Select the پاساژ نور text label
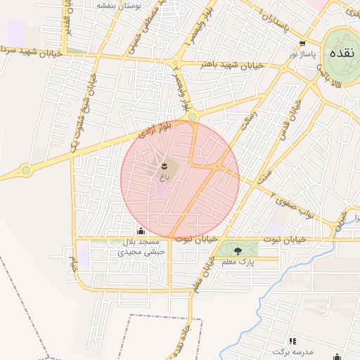303,53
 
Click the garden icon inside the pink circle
164,165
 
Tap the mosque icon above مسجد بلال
141,231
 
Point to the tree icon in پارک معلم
237,250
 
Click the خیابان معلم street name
202,274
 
